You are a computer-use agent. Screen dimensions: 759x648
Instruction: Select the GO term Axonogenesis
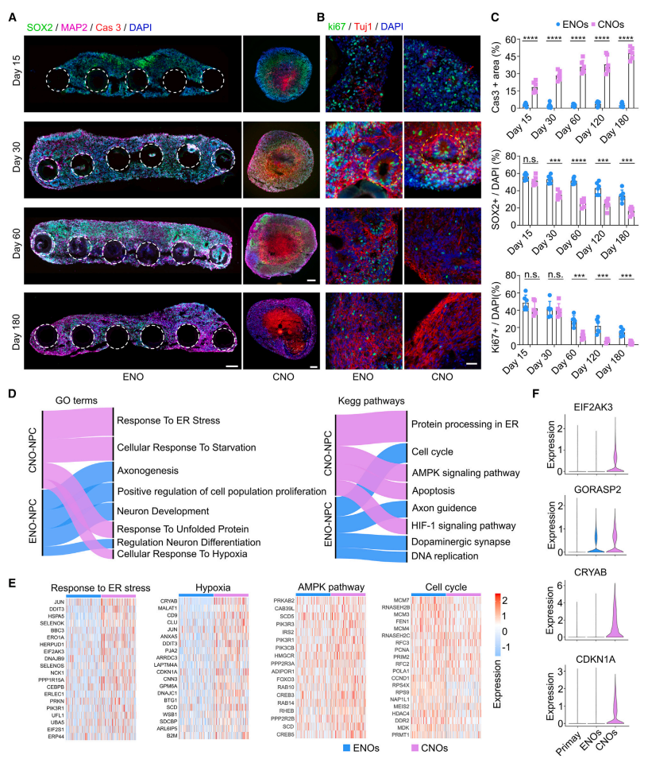(x=148, y=471)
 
